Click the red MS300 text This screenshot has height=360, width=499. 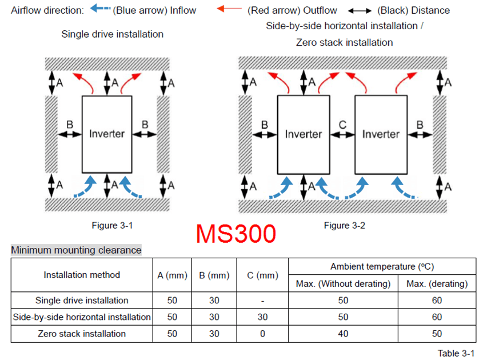click(236, 233)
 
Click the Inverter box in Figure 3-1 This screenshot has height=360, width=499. click(107, 134)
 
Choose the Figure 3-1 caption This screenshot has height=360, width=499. click(113, 225)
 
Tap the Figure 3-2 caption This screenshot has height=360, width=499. click(344, 225)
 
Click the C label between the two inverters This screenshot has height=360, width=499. click(342, 124)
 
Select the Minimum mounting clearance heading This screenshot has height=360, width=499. click(76, 250)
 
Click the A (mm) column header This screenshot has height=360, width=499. click(172, 275)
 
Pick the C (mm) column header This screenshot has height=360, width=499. click(262, 275)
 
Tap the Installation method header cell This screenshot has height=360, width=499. click(82, 275)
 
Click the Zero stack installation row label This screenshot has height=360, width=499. click(82, 333)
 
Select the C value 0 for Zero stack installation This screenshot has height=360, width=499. click(262, 333)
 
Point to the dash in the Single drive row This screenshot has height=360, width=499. click(262, 301)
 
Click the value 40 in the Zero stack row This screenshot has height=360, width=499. click(343, 333)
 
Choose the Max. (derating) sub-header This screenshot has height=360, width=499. click(437, 283)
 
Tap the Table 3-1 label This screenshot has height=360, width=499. click(456, 353)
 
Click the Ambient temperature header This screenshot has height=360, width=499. click(382, 266)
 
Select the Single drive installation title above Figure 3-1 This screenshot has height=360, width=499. click(113, 34)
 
